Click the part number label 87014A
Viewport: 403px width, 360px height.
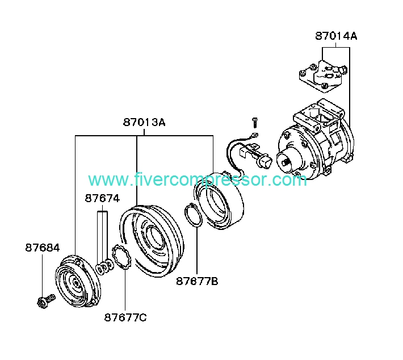(336, 36)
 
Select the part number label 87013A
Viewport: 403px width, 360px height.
(144, 122)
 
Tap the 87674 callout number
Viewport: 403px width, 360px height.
(102, 198)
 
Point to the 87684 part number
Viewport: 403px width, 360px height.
(43, 248)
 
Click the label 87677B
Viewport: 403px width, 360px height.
(197, 281)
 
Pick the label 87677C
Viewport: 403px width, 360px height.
(125, 317)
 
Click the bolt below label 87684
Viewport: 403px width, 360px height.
(47, 301)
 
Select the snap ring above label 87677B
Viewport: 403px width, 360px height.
(194, 215)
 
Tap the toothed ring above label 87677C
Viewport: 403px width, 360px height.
(122, 257)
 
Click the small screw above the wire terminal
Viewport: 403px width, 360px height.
(255, 123)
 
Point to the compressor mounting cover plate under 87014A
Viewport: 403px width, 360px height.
(323, 76)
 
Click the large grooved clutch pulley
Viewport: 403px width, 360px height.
(152, 241)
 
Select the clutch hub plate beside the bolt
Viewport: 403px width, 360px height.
(78, 281)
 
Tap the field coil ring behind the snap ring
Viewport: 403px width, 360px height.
(219, 200)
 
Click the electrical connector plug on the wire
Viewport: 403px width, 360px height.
(265, 161)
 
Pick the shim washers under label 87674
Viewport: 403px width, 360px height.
(104, 267)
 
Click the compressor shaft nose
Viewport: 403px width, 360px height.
(286, 162)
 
